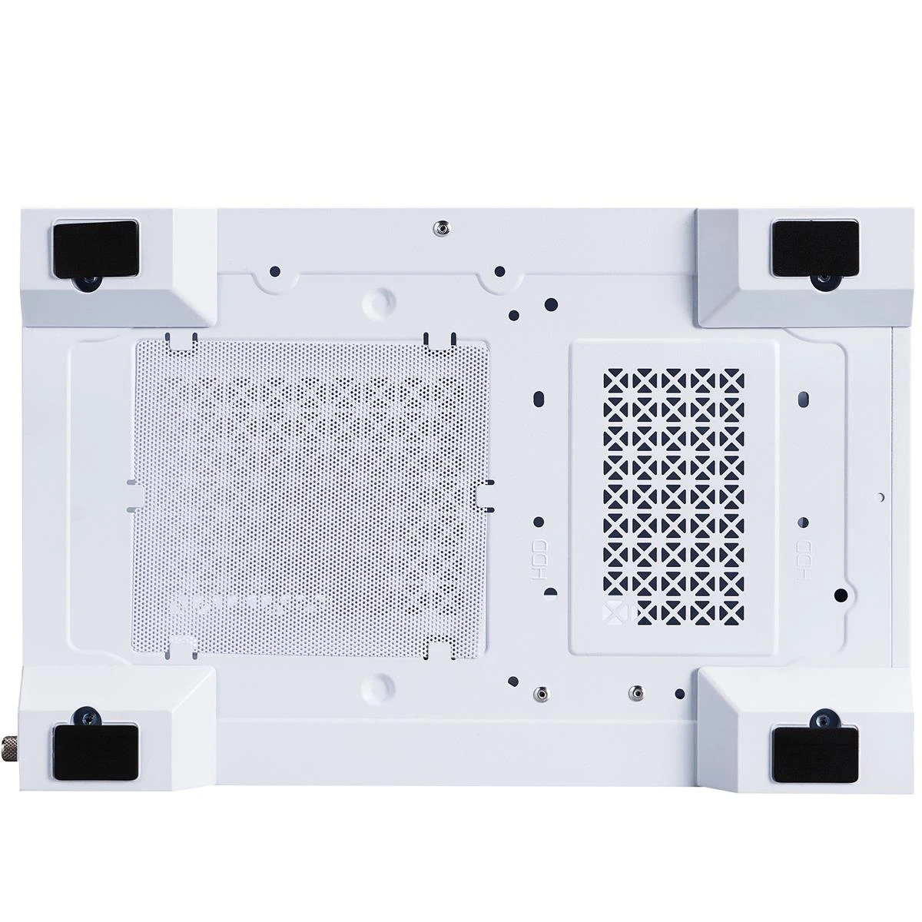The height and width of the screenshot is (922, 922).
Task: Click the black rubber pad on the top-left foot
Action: coord(95,247)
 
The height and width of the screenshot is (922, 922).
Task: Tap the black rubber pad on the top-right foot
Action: coord(814,247)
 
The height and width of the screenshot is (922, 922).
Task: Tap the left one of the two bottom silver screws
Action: coord(543,692)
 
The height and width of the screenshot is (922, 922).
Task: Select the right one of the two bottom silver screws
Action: coord(635,692)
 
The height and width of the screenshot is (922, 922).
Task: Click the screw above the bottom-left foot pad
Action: coord(88,718)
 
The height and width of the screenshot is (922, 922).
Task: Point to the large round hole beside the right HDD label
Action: coord(841,594)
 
